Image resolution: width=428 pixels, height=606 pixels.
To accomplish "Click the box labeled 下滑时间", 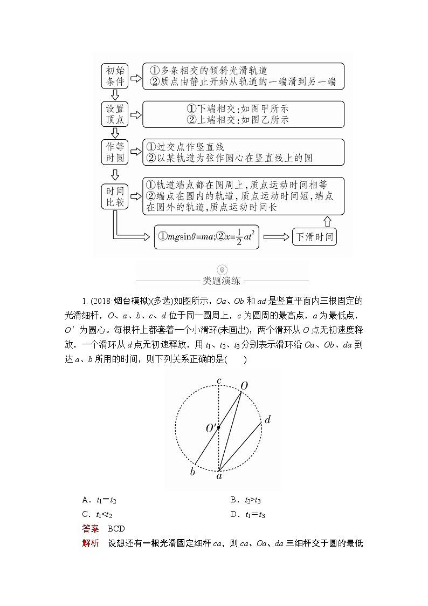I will tap(314, 237).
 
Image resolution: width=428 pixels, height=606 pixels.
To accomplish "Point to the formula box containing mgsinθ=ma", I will tap(206, 237).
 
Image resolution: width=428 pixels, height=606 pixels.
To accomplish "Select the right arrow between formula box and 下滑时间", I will tap(275, 237).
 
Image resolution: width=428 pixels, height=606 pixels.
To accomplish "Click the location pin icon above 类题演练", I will tap(222, 270).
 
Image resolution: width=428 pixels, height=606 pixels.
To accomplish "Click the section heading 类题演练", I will tap(222, 281).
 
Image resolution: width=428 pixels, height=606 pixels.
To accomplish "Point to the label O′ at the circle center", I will tap(211, 428).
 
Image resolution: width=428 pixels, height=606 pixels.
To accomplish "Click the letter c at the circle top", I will tap(219, 381).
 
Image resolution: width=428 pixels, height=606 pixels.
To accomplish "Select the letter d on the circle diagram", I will tap(267, 419).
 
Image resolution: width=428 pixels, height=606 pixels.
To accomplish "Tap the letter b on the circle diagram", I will tap(192, 472).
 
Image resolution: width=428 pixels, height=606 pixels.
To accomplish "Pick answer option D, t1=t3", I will tap(247, 514).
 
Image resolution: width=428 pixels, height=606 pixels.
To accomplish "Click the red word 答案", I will tap(90, 529).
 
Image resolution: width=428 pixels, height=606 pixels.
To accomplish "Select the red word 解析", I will tap(90, 543).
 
